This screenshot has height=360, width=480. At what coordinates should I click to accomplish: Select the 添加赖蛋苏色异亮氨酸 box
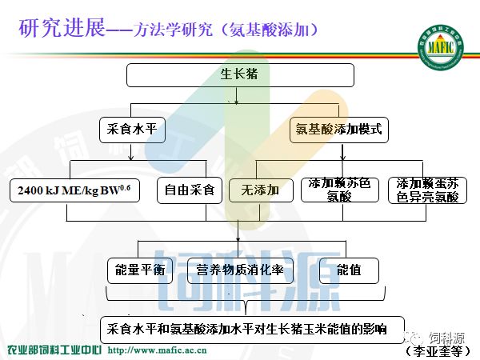click(x=427, y=190)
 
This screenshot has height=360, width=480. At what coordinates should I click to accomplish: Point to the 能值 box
click(x=349, y=270)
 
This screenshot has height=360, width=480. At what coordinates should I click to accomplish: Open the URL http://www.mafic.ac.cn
click(x=166, y=350)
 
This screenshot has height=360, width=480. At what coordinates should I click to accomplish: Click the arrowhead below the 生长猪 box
click(x=235, y=102)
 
